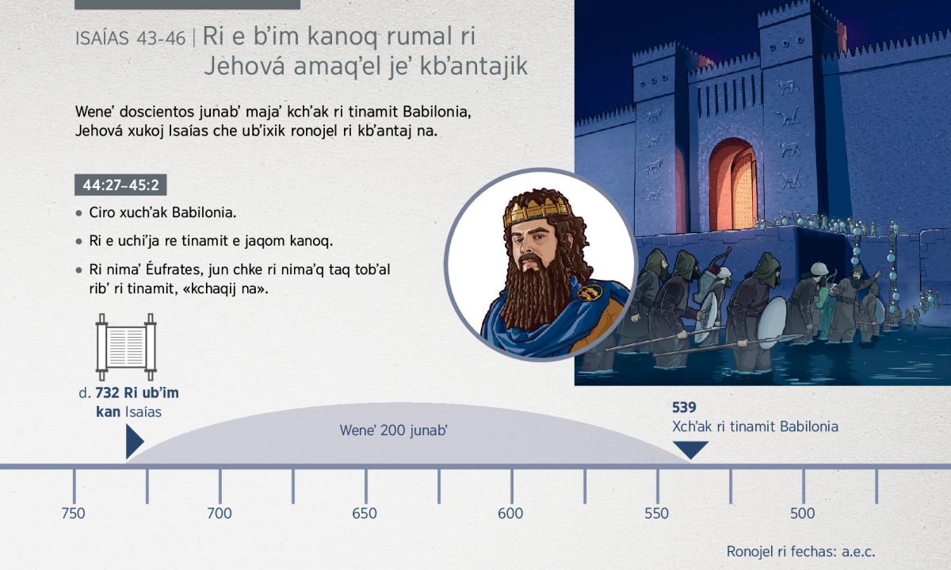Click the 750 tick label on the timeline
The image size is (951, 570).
tap(73, 514)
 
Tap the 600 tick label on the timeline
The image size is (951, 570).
tap(510, 514)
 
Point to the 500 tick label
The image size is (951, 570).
tap(802, 514)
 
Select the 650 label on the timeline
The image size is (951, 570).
tap(365, 514)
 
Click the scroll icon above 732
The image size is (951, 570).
tap(126, 347)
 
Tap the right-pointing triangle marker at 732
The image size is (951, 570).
tap(134, 442)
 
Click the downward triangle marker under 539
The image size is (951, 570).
tap(691, 449)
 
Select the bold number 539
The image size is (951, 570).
tap(684, 407)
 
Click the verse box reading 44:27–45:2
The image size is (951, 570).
tap(120, 185)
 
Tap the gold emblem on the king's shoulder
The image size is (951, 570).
tap(590, 293)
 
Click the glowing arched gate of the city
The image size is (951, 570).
tap(732, 185)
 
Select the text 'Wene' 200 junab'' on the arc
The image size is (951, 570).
tap(394, 430)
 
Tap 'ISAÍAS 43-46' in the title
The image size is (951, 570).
tap(130, 39)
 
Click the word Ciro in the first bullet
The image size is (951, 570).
tap(102, 212)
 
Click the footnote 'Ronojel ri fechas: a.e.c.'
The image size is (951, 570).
tap(801, 552)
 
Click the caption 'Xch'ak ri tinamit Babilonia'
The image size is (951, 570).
tap(755, 427)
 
